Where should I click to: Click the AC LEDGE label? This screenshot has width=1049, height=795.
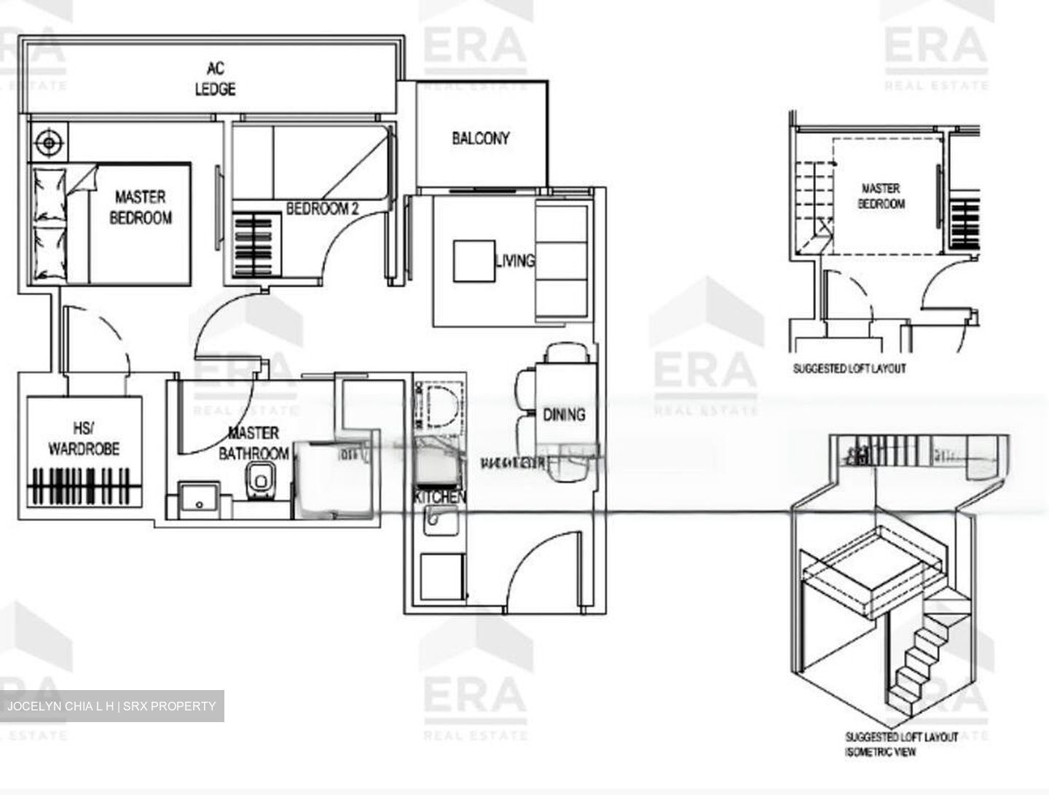(215, 79)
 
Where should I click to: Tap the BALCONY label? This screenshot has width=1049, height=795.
(480, 138)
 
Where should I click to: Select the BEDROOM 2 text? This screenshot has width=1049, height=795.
(322, 209)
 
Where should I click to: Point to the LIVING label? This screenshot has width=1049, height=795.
(514, 260)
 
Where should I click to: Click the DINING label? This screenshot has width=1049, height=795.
(564, 415)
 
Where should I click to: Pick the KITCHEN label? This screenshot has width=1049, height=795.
(439, 497)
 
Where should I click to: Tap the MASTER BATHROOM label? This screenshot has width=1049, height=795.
(254, 443)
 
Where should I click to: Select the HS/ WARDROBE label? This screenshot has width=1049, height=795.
(84, 439)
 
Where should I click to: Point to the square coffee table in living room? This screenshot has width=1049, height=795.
(474, 261)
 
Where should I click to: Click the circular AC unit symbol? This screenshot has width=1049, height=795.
(49, 141)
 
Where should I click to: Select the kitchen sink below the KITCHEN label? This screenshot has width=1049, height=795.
(440, 520)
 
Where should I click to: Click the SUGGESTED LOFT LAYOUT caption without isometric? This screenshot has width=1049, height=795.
(849, 369)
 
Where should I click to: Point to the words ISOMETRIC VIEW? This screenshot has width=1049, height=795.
(881, 751)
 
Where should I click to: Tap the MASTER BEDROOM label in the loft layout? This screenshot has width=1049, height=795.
(881, 196)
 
